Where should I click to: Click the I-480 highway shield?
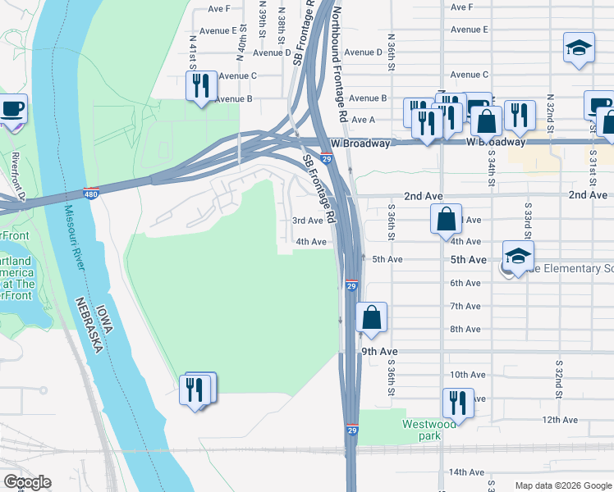91,194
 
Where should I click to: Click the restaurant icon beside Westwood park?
457,403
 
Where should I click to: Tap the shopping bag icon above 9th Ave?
371,317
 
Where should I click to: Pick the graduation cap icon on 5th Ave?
518,256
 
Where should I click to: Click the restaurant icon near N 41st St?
201,86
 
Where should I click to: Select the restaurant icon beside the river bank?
195,389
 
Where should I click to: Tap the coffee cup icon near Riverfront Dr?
11,110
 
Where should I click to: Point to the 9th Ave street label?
379,351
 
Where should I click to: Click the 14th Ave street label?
466,472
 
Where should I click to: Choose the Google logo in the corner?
26,482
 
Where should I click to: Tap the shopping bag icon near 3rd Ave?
446,220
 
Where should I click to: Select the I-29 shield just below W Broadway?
326,159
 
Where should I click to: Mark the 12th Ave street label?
560,420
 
